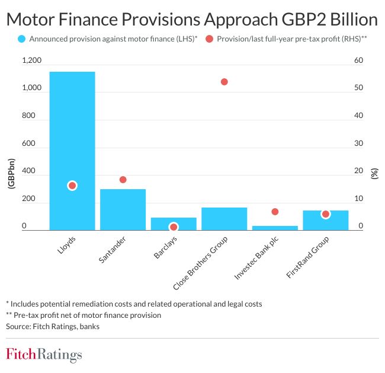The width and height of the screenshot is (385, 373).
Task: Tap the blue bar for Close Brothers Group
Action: click(x=224, y=218)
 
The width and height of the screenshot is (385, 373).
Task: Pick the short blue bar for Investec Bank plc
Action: click(x=275, y=228)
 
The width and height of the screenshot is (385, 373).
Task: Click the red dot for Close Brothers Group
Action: click(x=224, y=82)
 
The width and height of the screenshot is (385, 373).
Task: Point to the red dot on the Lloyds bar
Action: click(x=72, y=186)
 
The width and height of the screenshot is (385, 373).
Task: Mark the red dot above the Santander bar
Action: click(x=123, y=180)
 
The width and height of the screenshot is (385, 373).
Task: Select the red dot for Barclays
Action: click(x=174, y=227)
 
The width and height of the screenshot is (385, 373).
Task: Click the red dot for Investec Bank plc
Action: click(x=275, y=212)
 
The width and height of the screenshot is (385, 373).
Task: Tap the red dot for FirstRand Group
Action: click(x=326, y=214)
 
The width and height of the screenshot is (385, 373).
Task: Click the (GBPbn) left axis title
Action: click(x=10, y=174)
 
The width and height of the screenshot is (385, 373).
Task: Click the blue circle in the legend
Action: click(x=22, y=39)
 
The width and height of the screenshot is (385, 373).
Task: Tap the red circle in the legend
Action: click(x=210, y=39)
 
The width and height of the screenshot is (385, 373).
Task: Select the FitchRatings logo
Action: click(x=44, y=355)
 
